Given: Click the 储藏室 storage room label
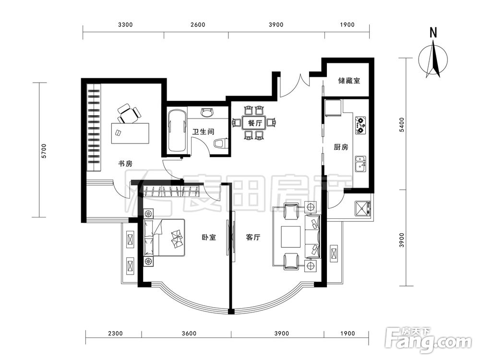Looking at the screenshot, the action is pyautogui.click(x=348, y=81).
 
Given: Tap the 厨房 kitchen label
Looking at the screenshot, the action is pyautogui.click(x=341, y=147).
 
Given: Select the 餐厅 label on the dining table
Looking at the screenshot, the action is pyautogui.click(x=255, y=123).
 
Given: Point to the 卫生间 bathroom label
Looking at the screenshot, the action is pyautogui.click(x=203, y=132).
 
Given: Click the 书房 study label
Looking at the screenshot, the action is pyautogui.click(x=125, y=164).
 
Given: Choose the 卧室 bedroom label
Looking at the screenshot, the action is pyautogui.click(x=209, y=237).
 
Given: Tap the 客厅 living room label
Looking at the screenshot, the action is pyautogui.click(x=253, y=237).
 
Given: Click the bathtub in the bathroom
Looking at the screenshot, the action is pyautogui.click(x=177, y=131).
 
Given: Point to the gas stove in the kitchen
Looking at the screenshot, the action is pyautogui.click(x=360, y=125).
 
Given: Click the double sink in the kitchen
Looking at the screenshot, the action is pyautogui.click(x=360, y=164).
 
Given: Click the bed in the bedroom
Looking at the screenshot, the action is pyautogui.click(x=165, y=238).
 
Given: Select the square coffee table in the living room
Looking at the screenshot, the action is pyautogui.click(x=291, y=237).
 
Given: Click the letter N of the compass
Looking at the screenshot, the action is pyautogui.click(x=433, y=33).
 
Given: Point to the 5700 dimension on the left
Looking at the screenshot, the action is pyautogui.click(x=44, y=151).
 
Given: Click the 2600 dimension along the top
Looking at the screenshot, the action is pyautogui.click(x=198, y=25).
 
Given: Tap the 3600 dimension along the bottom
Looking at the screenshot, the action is pyautogui.click(x=189, y=334).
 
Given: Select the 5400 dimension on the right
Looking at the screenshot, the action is pyautogui.click(x=402, y=125).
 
